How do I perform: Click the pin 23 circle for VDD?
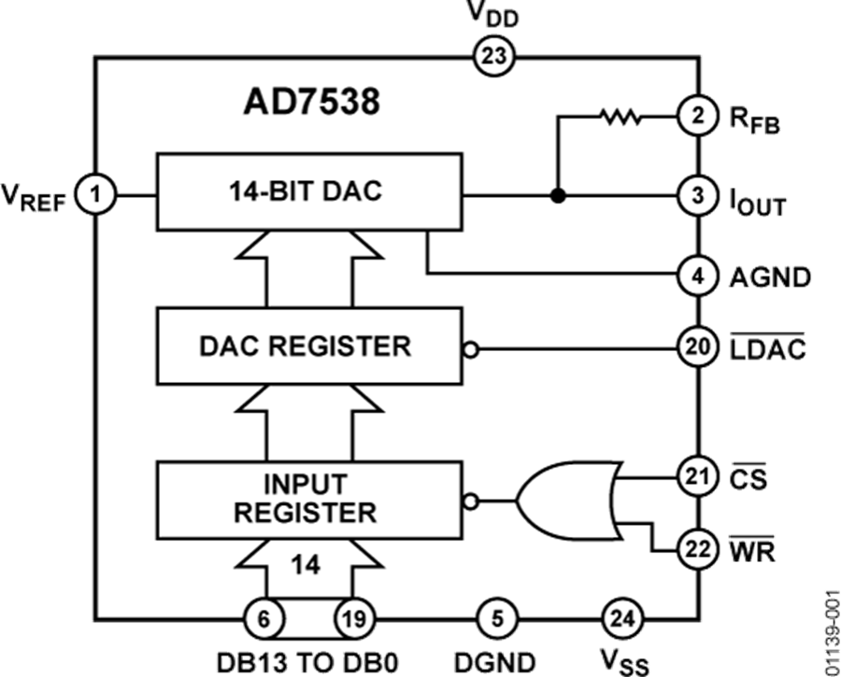tap(493, 57)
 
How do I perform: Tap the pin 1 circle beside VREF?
tap(95, 195)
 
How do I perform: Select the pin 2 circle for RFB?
tap(697, 117)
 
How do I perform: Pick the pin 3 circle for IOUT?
tap(697, 196)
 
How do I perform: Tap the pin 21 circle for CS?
tap(697, 478)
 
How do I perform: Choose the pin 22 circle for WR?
tap(697, 550)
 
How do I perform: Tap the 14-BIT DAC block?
tap(308, 192)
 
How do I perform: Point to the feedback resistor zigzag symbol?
tap(620, 117)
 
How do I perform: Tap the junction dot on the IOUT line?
tap(558, 196)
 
